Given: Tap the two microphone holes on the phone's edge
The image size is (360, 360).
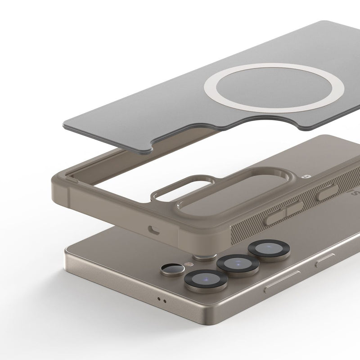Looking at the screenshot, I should pyautogui.click(x=162, y=301).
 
